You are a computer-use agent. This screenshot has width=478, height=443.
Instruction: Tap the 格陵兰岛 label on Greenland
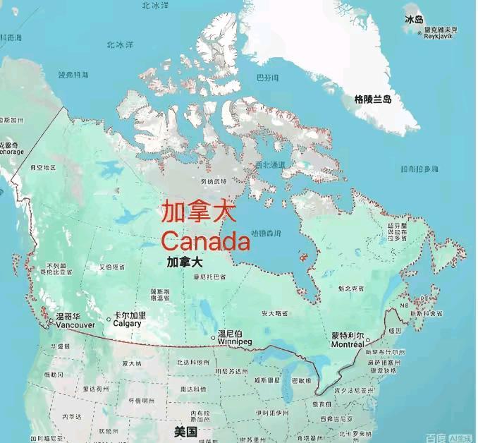point(373,99)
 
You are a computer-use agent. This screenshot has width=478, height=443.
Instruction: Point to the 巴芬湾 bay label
point(267,77)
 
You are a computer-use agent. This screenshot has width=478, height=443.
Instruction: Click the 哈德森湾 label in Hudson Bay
point(267,232)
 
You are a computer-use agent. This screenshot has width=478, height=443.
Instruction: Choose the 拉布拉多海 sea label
point(419,169)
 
